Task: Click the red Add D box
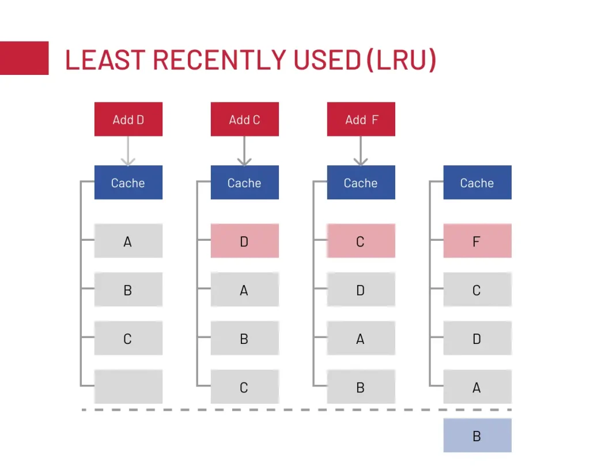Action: pyautogui.click(x=128, y=119)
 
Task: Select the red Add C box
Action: pyautogui.click(x=244, y=119)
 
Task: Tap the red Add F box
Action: pyautogui.click(x=361, y=119)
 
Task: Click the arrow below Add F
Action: pyautogui.click(x=361, y=151)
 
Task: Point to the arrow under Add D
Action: pyautogui.click(x=128, y=151)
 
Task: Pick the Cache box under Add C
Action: pyautogui.click(x=244, y=183)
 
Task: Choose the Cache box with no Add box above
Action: pyautogui.click(x=477, y=183)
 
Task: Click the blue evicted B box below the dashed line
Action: pyautogui.click(x=477, y=435)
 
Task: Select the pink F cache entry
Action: pyautogui.click(x=477, y=241)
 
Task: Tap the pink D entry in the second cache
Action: pyautogui.click(x=244, y=241)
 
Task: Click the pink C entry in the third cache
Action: pyautogui.click(x=361, y=241)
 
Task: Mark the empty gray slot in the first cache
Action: pyautogui.click(x=128, y=387)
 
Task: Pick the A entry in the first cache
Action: pyautogui.click(x=128, y=241)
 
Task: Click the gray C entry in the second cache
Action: pyautogui.click(x=244, y=387)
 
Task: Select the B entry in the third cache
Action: pyautogui.click(x=361, y=387)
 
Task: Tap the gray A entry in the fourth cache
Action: pyautogui.click(x=477, y=387)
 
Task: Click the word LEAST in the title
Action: pyautogui.click(x=105, y=60)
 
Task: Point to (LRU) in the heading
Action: pyautogui.click(x=401, y=60)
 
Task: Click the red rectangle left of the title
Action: pyautogui.click(x=24, y=58)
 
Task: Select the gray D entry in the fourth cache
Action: pyautogui.click(x=477, y=338)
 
